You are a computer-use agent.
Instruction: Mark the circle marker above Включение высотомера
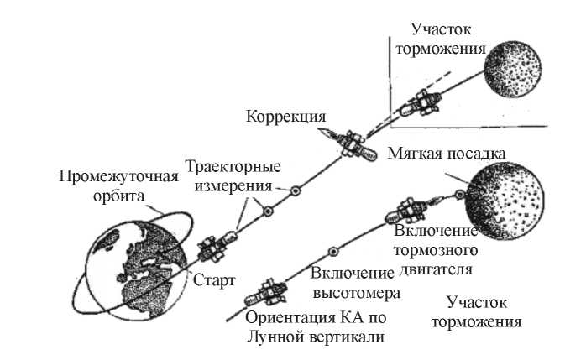(334, 251)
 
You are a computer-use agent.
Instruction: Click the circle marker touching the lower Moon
(459, 196)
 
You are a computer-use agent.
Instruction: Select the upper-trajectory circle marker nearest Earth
(267, 211)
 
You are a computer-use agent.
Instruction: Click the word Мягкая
(416, 154)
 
